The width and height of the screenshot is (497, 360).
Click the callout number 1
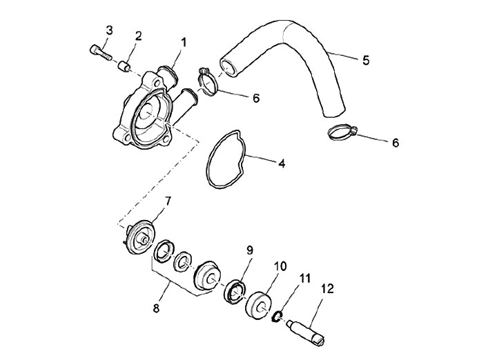184,42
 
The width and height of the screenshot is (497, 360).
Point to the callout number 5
366,60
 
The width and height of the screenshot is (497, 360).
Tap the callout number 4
281,164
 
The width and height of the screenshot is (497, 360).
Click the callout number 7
167,201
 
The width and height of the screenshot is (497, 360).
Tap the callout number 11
304,279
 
